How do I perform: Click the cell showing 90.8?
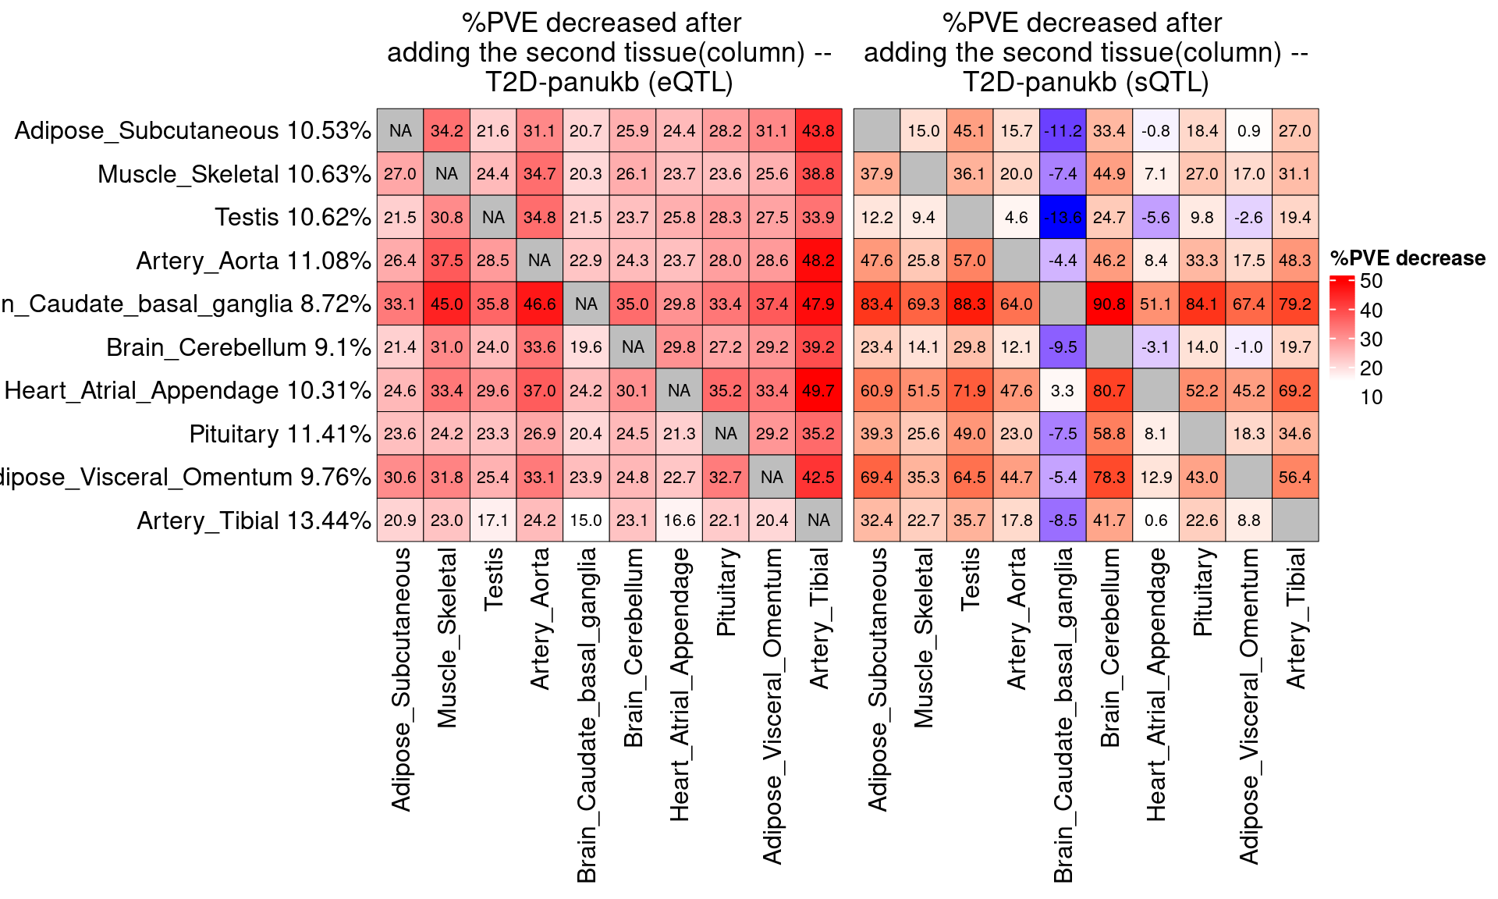click(x=1109, y=304)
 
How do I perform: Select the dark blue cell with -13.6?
click(x=1063, y=217)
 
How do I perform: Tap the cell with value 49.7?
click(x=818, y=390)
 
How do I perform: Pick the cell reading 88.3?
click(x=969, y=304)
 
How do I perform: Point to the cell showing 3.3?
click(x=1063, y=390)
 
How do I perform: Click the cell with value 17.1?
click(x=493, y=520)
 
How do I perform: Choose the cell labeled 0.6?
click(x=1155, y=520)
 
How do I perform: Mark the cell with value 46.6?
click(x=540, y=304)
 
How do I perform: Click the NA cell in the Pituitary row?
click(x=726, y=433)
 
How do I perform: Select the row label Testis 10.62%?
click(x=293, y=217)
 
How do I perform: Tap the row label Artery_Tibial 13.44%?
click(x=254, y=521)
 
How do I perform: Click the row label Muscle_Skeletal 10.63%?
click(x=234, y=174)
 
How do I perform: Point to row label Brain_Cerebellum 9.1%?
click(x=238, y=347)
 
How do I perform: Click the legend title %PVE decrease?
click(x=1407, y=258)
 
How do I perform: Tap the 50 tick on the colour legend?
click(x=1371, y=282)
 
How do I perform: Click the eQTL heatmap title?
click(x=609, y=52)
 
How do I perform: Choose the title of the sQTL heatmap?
click(x=1085, y=52)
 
